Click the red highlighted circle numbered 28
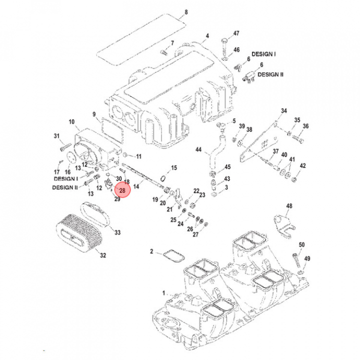tap(122, 189)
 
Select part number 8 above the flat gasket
tap(186, 12)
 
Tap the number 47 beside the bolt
tap(236, 33)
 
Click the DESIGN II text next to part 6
tap(270, 74)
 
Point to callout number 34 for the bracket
tap(283, 110)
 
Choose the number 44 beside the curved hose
tap(198, 150)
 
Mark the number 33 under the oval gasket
tap(117, 232)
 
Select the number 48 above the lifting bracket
tap(289, 206)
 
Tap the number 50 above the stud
tap(301, 244)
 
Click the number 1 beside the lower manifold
tap(163, 292)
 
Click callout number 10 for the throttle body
tap(71, 121)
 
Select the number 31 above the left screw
tap(56, 136)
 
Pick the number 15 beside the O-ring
tap(174, 167)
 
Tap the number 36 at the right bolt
tap(306, 126)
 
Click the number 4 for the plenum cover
tap(205, 36)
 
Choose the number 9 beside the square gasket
tap(93, 114)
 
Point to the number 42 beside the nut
tap(302, 166)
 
